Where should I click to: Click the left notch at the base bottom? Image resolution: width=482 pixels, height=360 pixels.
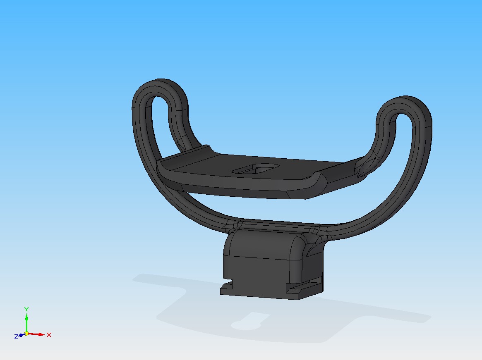point(226,285)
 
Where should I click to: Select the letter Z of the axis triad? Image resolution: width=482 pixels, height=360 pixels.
point(16,336)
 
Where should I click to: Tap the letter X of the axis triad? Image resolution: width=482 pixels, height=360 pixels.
point(49,334)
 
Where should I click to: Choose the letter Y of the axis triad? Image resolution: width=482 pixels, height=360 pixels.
point(26,309)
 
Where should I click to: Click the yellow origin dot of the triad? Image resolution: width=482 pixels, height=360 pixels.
point(26,333)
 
